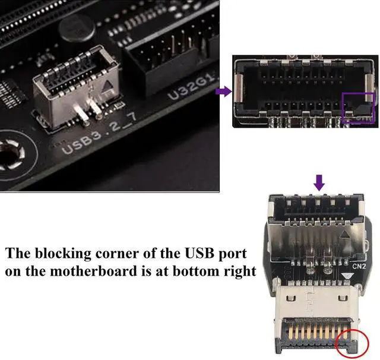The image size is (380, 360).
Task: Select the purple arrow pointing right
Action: pos(223,91)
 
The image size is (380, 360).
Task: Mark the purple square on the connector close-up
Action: pos(358,108)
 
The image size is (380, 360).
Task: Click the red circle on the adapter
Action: pos(352,343)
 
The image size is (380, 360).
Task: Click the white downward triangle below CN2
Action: pos(346,276)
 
